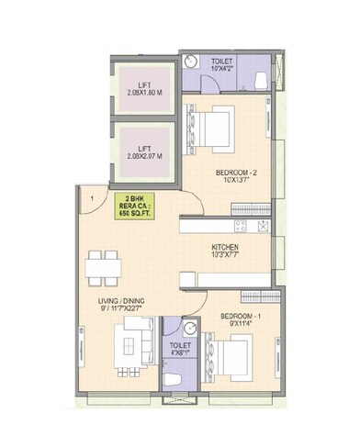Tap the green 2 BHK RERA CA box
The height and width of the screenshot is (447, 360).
(x=133, y=205)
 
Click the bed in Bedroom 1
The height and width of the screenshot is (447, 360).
(x=231, y=352)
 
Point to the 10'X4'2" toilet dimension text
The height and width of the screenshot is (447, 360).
(x=221, y=65)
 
